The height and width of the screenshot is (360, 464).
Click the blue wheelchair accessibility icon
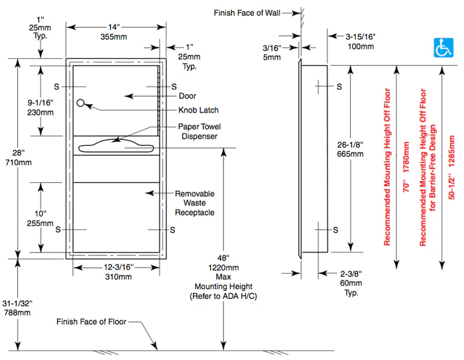pos(443,48)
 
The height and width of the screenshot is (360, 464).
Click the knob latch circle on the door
pos(80,103)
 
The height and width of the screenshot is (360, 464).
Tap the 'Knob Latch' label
pos(198,110)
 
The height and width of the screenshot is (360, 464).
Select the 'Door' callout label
pos(188,96)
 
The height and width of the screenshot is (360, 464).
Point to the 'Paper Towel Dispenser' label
pos(199,131)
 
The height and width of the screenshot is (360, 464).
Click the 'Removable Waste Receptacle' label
pos(194,203)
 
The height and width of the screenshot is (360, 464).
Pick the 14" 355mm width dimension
pos(113,32)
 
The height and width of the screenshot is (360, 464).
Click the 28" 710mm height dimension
pos(19,158)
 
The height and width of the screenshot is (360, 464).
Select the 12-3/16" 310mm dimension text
pos(119,272)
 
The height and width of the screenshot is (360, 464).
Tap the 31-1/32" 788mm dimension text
pos(17,308)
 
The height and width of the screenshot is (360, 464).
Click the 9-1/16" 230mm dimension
pos(40,107)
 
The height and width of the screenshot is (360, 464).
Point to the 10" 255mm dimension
pos(40,219)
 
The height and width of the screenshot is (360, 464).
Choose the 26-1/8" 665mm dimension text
pos(350,149)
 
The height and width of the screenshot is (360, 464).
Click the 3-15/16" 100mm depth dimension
pos(361,42)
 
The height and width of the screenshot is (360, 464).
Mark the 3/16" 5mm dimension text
pos(272,52)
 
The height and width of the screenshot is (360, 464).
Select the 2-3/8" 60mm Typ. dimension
pos(351,283)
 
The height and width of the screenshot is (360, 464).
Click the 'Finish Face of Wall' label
pos(247,13)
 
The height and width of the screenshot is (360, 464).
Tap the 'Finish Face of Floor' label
pos(91,322)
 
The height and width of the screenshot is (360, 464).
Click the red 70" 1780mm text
pos(406,167)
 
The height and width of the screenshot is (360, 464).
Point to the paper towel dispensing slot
pos(116,147)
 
